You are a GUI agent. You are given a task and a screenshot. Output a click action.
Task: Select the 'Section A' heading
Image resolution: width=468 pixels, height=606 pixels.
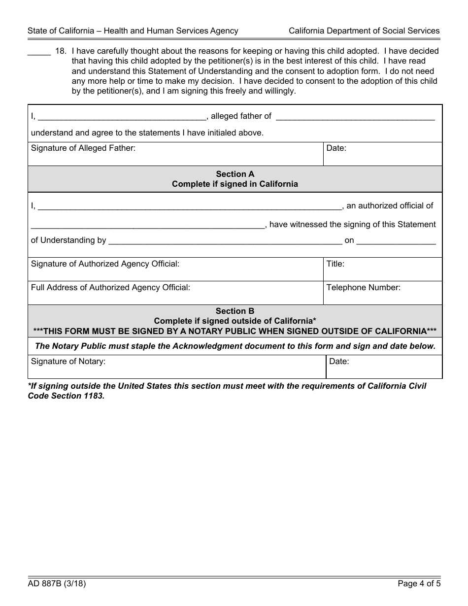[x=235, y=174]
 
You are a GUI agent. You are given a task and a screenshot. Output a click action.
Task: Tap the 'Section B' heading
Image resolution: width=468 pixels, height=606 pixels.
[x=235, y=311]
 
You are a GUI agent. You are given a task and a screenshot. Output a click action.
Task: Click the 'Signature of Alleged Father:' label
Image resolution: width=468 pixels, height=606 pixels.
[x=83, y=148]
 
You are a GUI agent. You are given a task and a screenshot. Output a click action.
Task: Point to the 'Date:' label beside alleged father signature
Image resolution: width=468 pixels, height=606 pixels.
[x=336, y=148]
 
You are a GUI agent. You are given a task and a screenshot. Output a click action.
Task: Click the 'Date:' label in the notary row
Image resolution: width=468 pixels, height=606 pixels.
[x=339, y=361]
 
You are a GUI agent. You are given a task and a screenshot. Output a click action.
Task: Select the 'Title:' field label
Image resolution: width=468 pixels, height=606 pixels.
[x=335, y=264]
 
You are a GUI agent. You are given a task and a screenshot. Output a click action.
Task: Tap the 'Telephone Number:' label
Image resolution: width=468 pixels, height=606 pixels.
[x=363, y=287]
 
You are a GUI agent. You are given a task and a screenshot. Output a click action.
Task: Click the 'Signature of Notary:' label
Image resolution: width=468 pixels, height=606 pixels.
[x=68, y=361]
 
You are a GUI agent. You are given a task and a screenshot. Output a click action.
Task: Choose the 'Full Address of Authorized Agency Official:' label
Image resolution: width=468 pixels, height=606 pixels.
[x=110, y=287]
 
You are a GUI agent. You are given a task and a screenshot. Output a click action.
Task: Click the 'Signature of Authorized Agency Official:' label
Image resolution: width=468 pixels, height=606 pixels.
[x=105, y=264]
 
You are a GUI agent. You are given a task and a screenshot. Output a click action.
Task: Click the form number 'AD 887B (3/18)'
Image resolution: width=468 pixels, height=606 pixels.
[x=57, y=584]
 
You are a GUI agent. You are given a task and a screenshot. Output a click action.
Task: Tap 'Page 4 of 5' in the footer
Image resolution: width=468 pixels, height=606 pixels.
[x=419, y=584]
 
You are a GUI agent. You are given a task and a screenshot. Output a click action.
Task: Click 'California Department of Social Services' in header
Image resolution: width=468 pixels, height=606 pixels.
[x=364, y=31]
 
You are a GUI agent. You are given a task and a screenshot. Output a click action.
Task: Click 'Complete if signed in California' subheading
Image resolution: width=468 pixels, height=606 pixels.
[x=235, y=184]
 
